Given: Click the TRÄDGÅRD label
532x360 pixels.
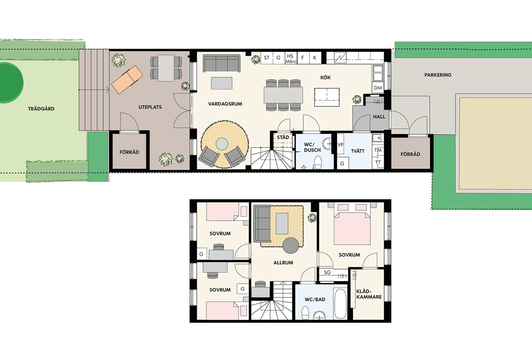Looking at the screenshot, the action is point(41,109).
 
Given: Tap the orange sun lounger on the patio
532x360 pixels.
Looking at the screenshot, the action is point(127,79).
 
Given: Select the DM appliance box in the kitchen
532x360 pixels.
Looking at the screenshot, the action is point(378,88).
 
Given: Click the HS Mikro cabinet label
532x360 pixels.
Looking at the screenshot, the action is point(291,59).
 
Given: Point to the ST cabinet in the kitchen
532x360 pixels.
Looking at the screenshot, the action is point(267,58).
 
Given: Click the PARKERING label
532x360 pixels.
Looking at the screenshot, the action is point(438,75).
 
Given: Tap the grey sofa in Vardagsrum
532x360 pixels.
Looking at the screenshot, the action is point(221,63).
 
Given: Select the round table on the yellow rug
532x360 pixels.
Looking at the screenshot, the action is point(222,144).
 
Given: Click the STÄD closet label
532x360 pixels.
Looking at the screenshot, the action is point(283,137).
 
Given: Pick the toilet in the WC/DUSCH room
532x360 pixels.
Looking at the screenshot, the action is point(318,162).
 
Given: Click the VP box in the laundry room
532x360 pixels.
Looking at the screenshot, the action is point(340,145).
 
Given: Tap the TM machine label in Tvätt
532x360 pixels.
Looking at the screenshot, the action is point(378,150).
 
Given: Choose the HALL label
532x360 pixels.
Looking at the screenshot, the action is point(379,117).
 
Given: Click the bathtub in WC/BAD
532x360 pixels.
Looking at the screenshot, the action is point(340,304).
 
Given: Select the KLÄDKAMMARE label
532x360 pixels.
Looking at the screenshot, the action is point(369,294).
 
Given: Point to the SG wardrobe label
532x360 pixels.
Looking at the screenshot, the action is point(327,272).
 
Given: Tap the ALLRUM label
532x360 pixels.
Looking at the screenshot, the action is point(283,263).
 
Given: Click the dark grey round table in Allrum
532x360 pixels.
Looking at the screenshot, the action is point(291,246).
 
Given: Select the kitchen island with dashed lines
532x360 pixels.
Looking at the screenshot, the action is point(327,97).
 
